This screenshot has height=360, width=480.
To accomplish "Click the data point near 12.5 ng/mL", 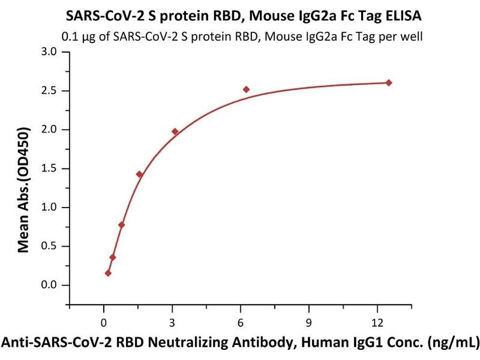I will click(389, 83).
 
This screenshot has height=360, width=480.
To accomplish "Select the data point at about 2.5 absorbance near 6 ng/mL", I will click(246, 89).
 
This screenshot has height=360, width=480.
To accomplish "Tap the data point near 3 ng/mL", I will click(175, 131).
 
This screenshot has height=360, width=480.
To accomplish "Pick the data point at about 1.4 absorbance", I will click(140, 175).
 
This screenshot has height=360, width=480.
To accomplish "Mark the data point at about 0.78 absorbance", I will click(122, 225).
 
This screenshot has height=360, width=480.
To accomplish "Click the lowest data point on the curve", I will click(108, 273).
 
